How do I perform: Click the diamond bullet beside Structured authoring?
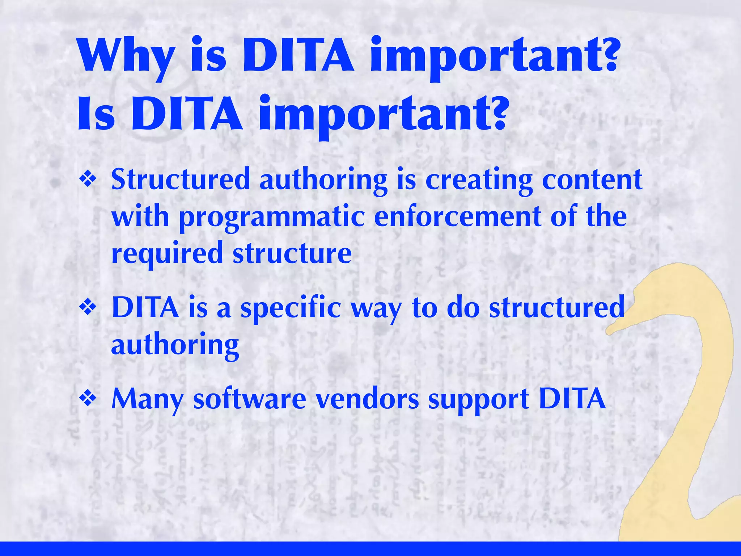click(88, 180)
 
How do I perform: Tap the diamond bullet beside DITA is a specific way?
click(88, 308)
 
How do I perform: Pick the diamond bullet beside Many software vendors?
click(88, 399)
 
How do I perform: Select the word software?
click(250, 399)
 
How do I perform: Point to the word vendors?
click(367, 399)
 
